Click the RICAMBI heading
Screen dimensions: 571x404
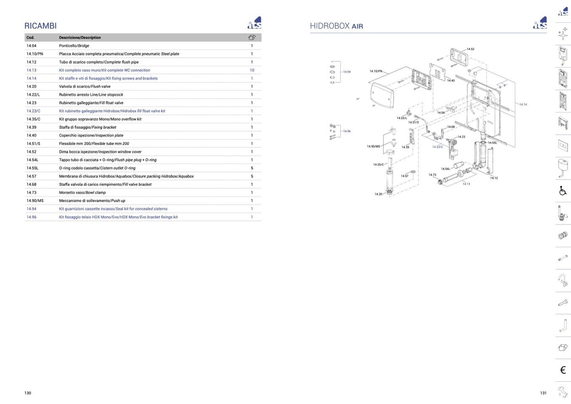click(x=40, y=26)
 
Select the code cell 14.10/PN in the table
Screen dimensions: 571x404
click(x=35, y=54)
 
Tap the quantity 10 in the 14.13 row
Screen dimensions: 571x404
click(x=252, y=70)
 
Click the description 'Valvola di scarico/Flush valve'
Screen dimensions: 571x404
click(x=85, y=86)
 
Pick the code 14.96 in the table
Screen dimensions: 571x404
click(x=31, y=217)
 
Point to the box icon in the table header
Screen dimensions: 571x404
click(x=252, y=37)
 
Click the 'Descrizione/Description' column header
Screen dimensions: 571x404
click(x=80, y=37)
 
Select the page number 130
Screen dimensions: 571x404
click(x=27, y=393)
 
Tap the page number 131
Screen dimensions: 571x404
click(x=543, y=393)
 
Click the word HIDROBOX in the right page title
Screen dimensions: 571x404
click(x=330, y=26)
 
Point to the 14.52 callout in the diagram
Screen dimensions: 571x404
click(x=470, y=49)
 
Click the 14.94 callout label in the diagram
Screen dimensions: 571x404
click(x=347, y=72)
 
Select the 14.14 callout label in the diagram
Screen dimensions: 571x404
click(x=523, y=104)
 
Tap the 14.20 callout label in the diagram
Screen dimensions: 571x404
click(x=378, y=194)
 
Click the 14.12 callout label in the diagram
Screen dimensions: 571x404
click(x=494, y=178)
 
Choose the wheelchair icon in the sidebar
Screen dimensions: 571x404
click(x=563, y=190)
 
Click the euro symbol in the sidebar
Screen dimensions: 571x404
click(x=563, y=370)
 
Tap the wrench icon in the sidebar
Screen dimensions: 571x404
click(x=563, y=303)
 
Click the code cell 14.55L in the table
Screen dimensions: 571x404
click(x=32, y=168)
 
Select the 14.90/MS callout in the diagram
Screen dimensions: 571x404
click(x=374, y=147)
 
